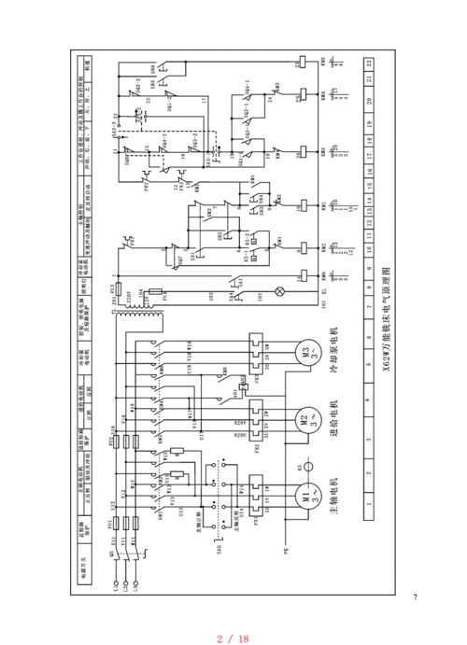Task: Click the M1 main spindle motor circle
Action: pyautogui.click(x=304, y=495)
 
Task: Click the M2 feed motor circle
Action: pyautogui.click(x=304, y=419)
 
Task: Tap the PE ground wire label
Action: pyautogui.click(x=287, y=552)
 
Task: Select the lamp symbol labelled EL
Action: pyautogui.click(x=304, y=292)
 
